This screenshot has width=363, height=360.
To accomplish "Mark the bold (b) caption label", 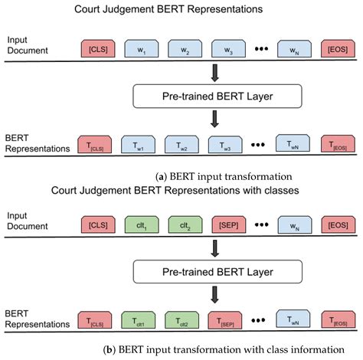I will (109, 350).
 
